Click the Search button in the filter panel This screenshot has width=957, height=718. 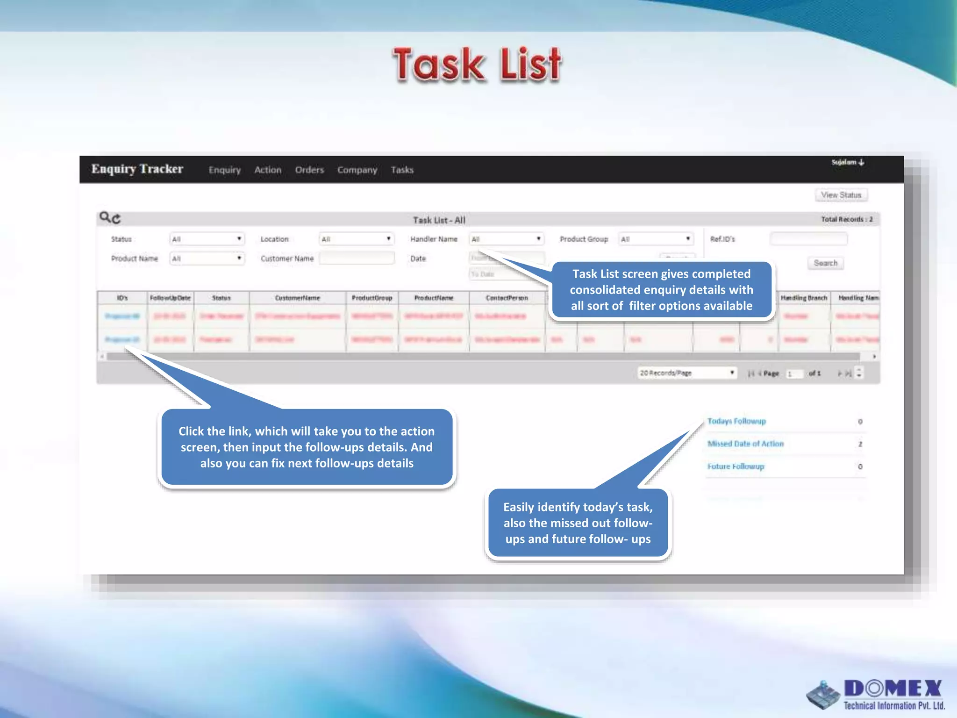tap(825, 263)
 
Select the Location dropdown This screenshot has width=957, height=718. tap(357, 239)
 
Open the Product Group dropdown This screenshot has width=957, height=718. tap(656, 239)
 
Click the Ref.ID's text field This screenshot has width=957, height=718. tap(808, 239)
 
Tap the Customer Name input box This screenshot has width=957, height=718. tap(357, 258)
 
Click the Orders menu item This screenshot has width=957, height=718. tap(309, 170)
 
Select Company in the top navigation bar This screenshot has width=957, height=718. tap(357, 170)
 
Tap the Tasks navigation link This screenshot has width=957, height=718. tap(402, 170)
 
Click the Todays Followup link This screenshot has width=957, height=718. tap(736, 421)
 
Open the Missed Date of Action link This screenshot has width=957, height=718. tap(745, 444)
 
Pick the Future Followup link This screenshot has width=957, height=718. tap(736, 467)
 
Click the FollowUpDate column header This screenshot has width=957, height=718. tap(170, 298)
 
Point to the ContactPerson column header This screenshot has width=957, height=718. tap(507, 298)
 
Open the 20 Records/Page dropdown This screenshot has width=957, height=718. tap(687, 373)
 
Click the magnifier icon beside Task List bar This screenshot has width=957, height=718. tap(105, 217)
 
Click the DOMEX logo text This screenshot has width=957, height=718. tap(893, 689)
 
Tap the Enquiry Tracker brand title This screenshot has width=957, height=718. tap(137, 169)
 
